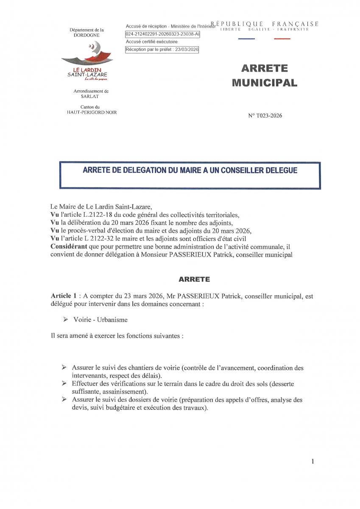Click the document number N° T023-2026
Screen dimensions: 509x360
[x=265, y=116]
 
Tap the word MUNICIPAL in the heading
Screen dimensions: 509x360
[x=265, y=83]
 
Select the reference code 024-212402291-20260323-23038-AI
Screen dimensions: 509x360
[x=162, y=34]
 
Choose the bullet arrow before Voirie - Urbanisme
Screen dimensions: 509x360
[x=66, y=319]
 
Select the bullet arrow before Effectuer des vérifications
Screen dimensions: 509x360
[x=64, y=383]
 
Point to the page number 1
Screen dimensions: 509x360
[x=313, y=461]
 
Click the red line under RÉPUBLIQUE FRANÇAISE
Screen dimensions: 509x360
[x=282, y=39]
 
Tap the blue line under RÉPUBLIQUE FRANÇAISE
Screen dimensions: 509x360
[x=246, y=39]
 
